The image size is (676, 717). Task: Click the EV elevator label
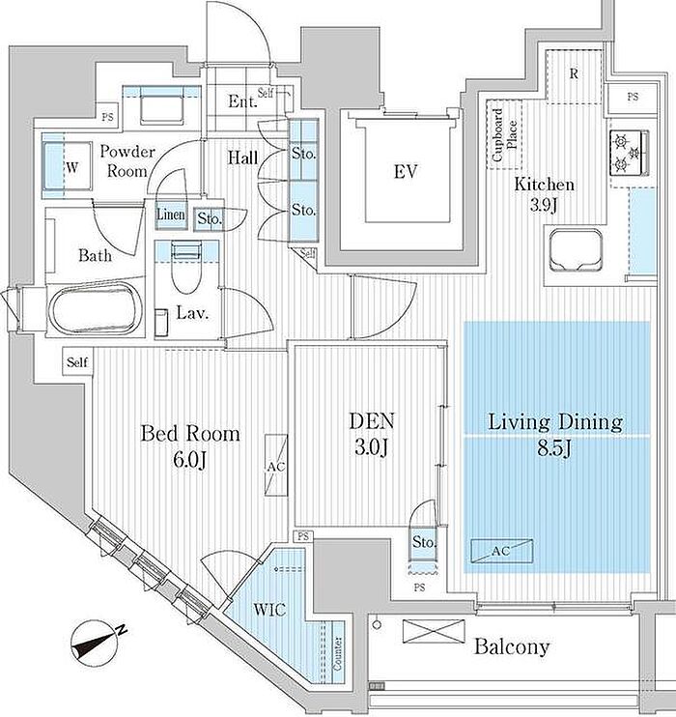(406, 173)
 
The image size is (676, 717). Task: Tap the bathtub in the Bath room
(95, 309)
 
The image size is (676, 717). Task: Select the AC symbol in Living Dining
(501, 550)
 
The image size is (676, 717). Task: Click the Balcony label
(512, 646)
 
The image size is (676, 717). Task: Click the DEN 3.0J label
(370, 435)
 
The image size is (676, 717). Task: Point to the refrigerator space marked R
(573, 74)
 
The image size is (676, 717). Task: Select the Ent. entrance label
(240, 101)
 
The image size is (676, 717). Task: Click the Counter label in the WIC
(338, 655)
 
